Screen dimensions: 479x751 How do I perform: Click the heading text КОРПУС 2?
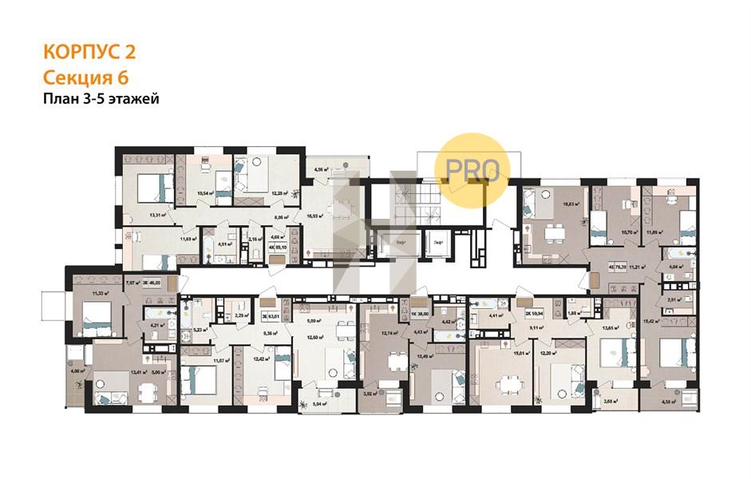(89, 53)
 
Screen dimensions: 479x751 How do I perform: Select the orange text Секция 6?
(85, 77)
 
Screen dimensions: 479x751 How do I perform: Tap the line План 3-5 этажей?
(101, 99)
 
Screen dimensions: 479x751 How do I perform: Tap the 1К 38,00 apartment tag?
(420, 314)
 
